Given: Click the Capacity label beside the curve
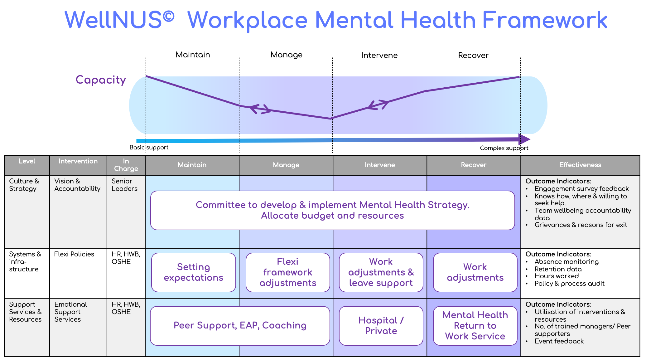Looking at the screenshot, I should pyautogui.click(x=101, y=80).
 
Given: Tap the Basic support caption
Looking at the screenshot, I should pyautogui.click(x=149, y=148).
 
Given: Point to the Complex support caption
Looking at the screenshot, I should pyautogui.click(x=504, y=148).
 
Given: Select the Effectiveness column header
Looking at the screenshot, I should pyautogui.click(x=580, y=165).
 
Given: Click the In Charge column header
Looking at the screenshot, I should pyautogui.click(x=126, y=165).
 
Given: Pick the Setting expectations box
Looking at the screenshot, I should pyautogui.click(x=193, y=272).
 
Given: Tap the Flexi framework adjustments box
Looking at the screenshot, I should pyautogui.click(x=288, y=272).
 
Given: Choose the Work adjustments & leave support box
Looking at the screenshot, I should pyautogui.click(x=381, y=272).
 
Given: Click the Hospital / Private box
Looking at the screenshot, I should pyautogui.click(x=381, y=326).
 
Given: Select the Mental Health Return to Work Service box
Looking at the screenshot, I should pyautogui.click(x=475, y=326).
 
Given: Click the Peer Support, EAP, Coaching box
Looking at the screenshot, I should pyautogui.click(x=240, y=326).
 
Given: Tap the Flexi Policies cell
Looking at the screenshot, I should pyautogui.click(x=74, y=254).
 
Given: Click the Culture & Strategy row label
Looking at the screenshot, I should pyautogui.click(x=24, y=185).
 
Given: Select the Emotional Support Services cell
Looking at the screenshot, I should pyautogui.click(x=70, y=312).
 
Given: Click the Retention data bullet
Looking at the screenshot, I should pyautogui.click(x=558, y=269).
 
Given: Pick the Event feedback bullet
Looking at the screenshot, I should pyautogui.click(x=559, y=341).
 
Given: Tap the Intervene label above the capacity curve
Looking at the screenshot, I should pyautogui.click(x=379, y=56).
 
